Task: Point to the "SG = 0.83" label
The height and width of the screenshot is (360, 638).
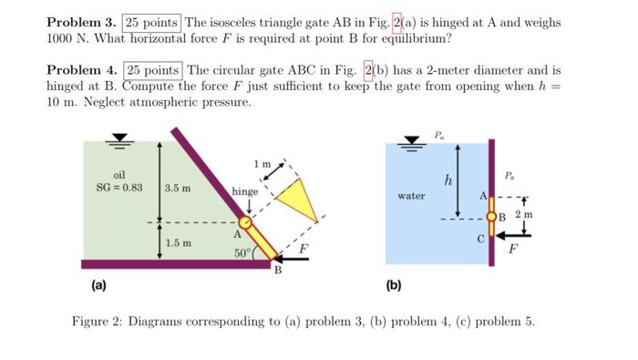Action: [119, 187]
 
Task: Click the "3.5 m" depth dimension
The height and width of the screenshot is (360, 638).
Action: [178, 188]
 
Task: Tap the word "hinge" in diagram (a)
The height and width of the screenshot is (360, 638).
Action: [244, 191]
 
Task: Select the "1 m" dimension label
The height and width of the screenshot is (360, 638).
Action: [262, 164]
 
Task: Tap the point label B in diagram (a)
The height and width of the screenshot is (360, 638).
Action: [279, 271]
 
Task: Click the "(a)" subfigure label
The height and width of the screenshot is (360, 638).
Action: [98, 285]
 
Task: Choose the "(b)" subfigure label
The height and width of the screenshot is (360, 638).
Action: [394, 285]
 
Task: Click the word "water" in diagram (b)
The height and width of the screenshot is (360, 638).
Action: [411, 196]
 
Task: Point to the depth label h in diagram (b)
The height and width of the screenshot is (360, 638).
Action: [448, 180]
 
